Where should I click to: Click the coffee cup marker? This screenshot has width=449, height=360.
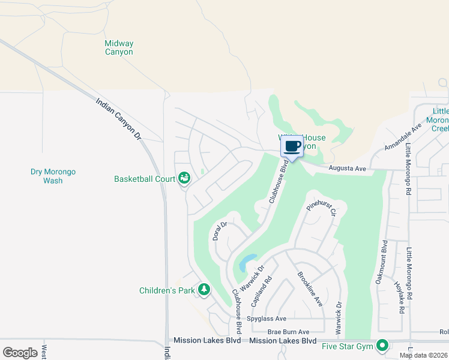[292, 146]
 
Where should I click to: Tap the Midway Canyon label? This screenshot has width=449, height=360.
[119, 47]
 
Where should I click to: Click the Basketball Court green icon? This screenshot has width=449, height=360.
[184, 178]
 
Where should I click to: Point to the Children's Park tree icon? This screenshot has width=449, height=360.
[204, 290]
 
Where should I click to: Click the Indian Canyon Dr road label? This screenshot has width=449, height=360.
[118, 119]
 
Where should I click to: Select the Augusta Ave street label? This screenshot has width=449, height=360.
[348, 169]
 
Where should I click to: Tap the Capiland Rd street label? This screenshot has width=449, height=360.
[269, 287]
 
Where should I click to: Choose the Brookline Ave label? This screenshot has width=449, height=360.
[310, 289]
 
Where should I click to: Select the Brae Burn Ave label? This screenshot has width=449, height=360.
[288, 332]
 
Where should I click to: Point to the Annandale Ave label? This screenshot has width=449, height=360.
[405, 139]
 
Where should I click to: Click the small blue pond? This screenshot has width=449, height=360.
[246, 263]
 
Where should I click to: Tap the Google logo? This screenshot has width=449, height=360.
[20, 353]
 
